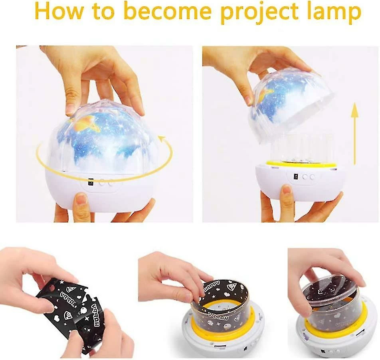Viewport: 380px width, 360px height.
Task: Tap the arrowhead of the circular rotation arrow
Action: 162,139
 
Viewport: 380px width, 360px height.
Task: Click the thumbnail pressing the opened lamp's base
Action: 286,191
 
